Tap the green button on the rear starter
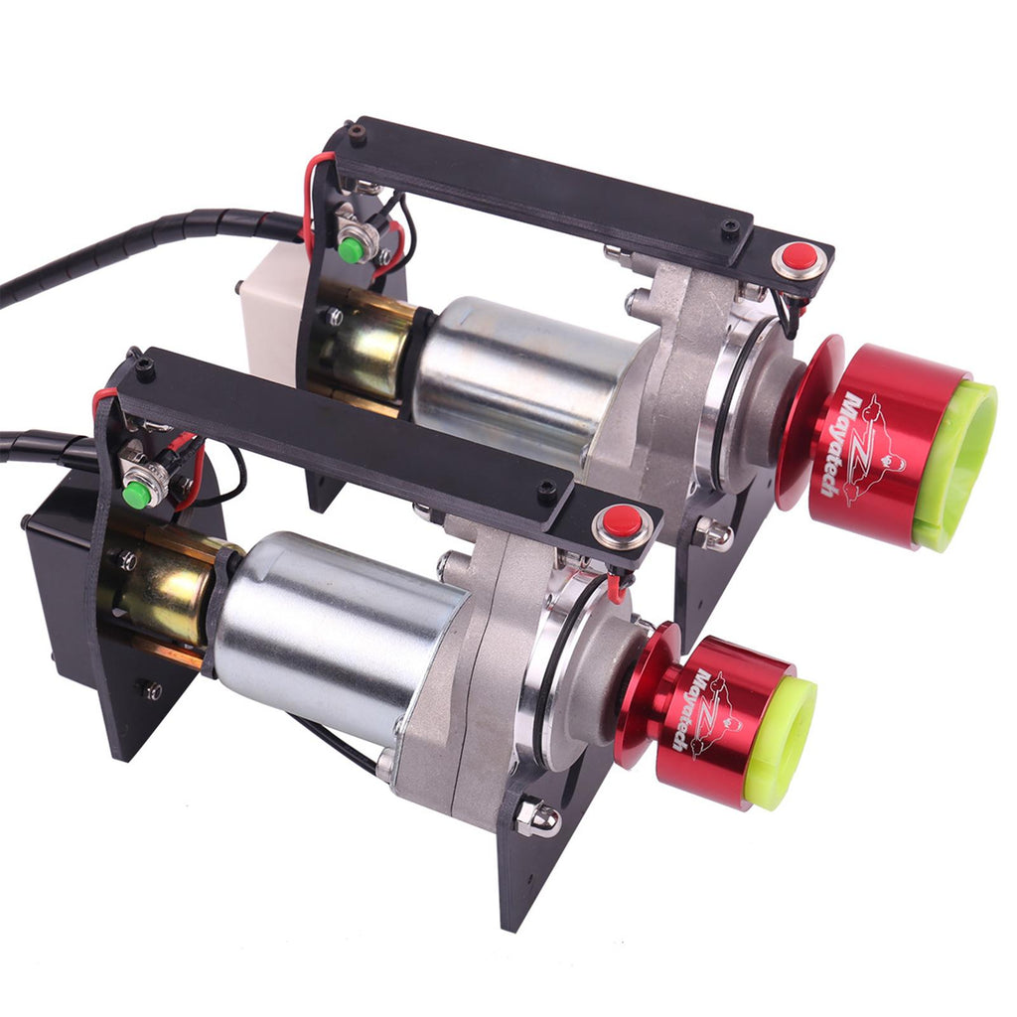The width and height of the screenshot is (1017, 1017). coord(351,248)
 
